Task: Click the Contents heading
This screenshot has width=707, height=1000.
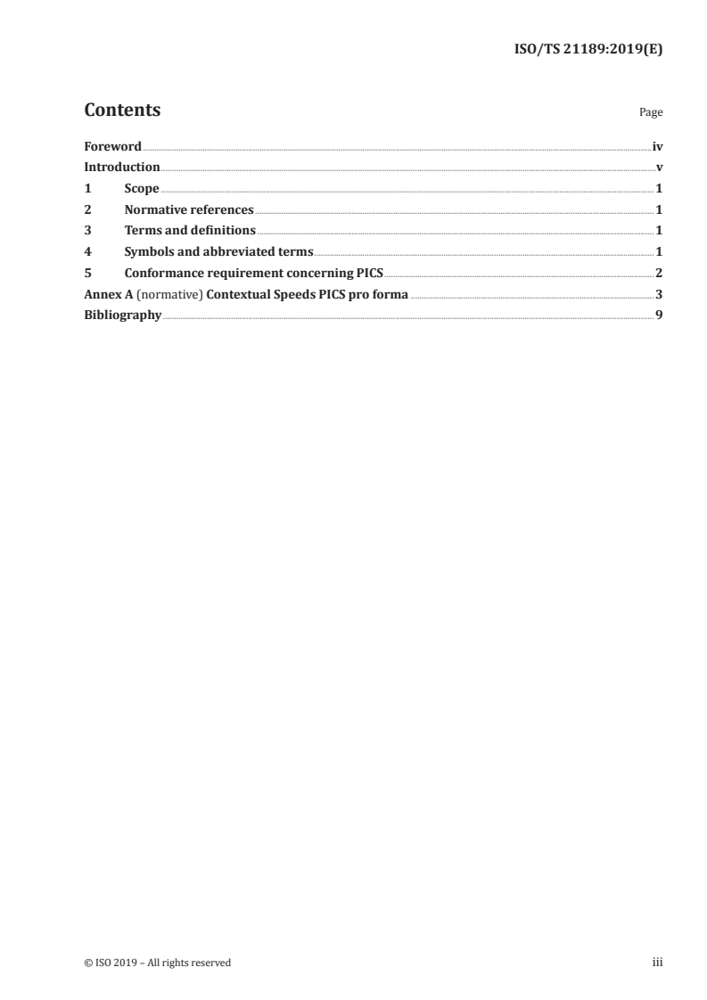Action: pyautogui.click(x=122, y=111)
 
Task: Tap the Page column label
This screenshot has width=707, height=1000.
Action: pyautogui.click(x=651, y=113)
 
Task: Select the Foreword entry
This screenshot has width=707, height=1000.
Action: pyautogui.click(x=112, y=146)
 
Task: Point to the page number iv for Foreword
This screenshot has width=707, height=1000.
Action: pyautogui.click(x=657, y=146)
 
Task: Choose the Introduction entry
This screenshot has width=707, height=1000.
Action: pyautogui.click(x=122, y=168)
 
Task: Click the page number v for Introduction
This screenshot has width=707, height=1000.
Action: pyautogui.click(x=659, y=168)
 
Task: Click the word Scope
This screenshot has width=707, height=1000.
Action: pyautogui.click(x=142, y=189)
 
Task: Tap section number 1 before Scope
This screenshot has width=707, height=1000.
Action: pyautogui.click(x=87, y=189)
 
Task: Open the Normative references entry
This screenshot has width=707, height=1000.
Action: pyautogui.click(x=189, y=210)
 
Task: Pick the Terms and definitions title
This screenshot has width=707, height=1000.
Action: pyautogui.click(x=190, y=231)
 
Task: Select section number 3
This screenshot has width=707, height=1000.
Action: pyautogui.click(x=87, y=231)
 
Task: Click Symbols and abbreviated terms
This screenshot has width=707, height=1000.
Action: pyautogui.click(x=218, y=252)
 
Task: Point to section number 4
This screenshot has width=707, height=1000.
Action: pyautogui.click(x=87, y=252)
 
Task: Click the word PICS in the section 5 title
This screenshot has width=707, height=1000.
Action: pyautogui.click(x=368, y=274)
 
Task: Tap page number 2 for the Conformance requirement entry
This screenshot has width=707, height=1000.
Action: pyautogui.click(x=659, y=274)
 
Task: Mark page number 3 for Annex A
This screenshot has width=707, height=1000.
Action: pyautogui.click(x=659, y=294)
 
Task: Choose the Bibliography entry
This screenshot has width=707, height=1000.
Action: pyautogui.click(x=123, y=316)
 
